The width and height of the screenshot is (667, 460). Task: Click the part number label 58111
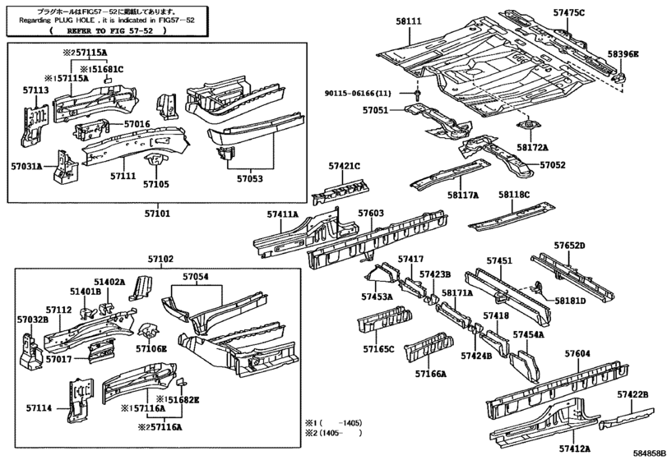point(409,21)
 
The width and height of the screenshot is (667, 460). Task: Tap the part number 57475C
point(569,13)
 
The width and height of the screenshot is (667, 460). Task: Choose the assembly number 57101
point(157,214)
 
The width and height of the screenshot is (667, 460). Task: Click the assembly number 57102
point(161,259)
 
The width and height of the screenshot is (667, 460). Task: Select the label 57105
point(155,184)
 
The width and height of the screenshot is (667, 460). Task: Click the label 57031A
point(27,166)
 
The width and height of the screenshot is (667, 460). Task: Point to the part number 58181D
point(570,301)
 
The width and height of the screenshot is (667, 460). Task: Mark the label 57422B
point(633,395)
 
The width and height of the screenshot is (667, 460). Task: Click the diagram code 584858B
point(649,453)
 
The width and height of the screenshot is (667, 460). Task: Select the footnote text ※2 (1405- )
point(333,433)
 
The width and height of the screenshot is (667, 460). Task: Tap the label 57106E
point(151,349)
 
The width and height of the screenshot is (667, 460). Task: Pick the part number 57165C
point(378,349)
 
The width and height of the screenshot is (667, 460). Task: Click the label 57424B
point(476,356)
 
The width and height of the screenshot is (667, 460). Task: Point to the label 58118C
point(514,195)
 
